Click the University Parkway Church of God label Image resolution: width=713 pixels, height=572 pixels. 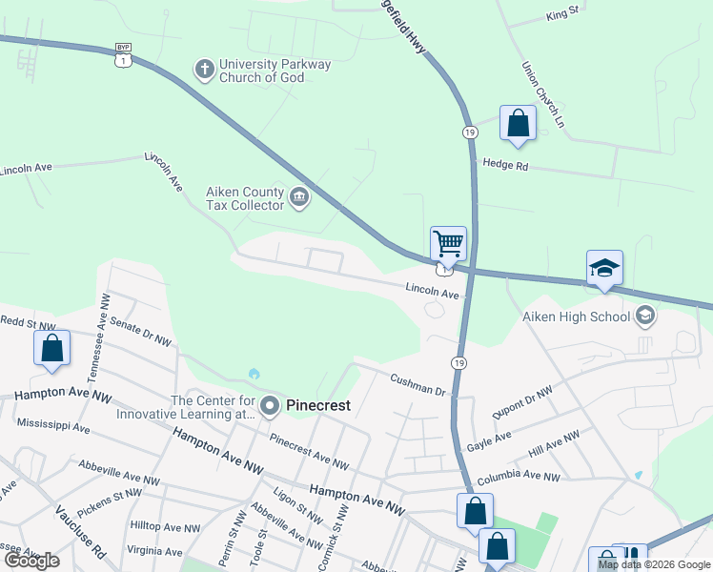click(275, 71)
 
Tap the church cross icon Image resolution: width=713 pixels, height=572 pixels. click(203, 69)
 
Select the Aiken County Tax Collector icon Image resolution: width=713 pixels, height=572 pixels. click(299, 198)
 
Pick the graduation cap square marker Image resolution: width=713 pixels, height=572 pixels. click(604, 269)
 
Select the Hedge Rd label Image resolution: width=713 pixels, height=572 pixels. click(505, 164)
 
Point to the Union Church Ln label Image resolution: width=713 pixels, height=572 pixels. click(543, 95)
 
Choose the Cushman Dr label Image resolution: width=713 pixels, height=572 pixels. click(418, 384)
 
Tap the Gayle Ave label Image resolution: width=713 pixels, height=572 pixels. click(488, 441)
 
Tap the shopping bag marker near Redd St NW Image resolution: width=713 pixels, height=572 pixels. click(52, 348)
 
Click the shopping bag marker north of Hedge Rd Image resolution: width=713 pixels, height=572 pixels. click(518, 124)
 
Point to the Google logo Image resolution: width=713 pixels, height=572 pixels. click(31, 561)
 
